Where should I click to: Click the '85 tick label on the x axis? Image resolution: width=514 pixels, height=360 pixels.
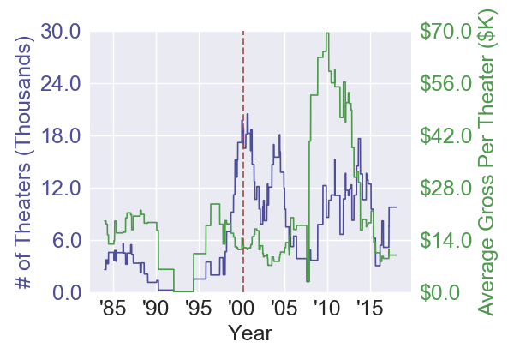[111, 308]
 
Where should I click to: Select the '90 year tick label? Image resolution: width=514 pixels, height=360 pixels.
[154, 308]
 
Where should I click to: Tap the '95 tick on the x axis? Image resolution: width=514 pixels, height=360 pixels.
[197, 308]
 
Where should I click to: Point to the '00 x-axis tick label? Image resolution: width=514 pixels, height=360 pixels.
[240, 308]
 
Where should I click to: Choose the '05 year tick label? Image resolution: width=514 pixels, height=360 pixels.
[283, 308]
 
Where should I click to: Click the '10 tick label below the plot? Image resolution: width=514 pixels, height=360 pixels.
[326, 308]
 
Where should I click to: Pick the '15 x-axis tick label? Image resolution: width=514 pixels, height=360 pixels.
[368, 308]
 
